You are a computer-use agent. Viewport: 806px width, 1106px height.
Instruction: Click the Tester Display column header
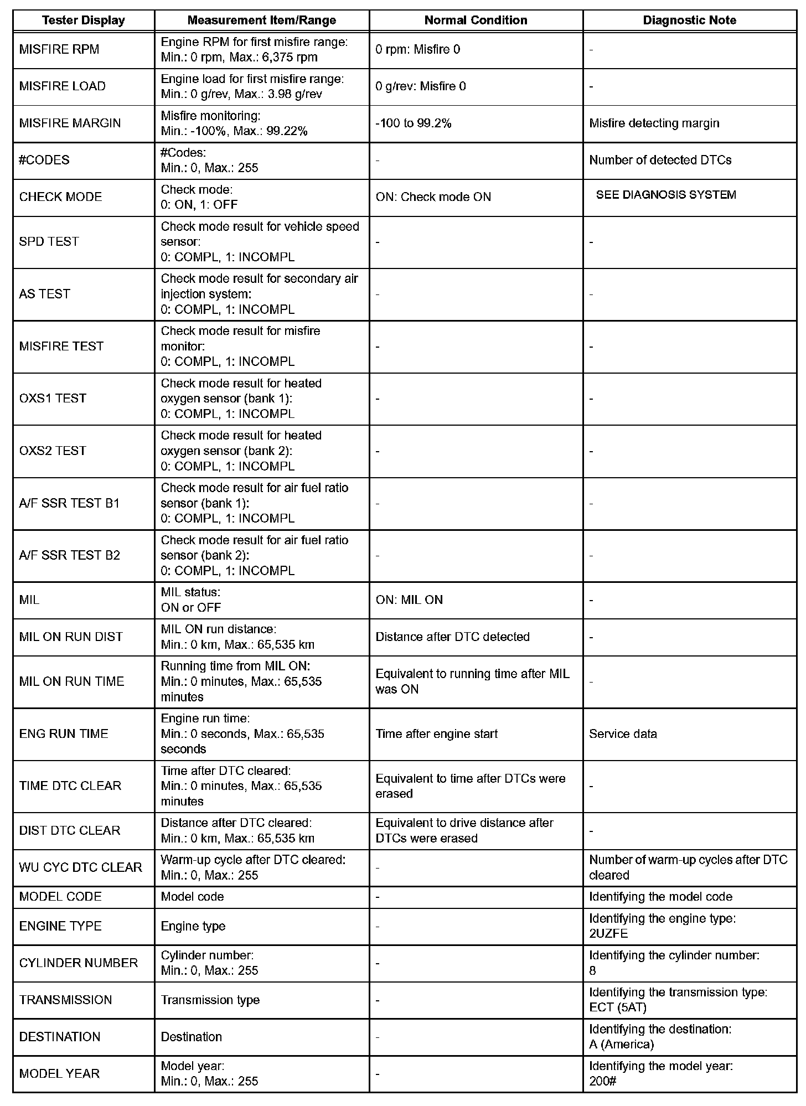pyautogui.click(x=84, y=20)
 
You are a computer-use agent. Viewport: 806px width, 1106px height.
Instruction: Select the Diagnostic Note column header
pyautogui.click(x=689, y=20)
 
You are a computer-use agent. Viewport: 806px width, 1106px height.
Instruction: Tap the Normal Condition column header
pyautogui.click(x=476, y=20)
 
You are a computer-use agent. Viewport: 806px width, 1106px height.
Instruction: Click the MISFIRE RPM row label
pyautogui.click(x=59, y=50)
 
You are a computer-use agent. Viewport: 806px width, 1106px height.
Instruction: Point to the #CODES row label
pyautogui.click(x=44, y=161)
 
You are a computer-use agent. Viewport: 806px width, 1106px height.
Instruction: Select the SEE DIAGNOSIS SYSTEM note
pyautogui.click(x=666, y=195)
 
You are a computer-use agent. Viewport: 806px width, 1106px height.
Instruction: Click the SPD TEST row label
pyautogui.click(x=49, y=242)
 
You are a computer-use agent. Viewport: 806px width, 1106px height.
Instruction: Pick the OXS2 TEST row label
pyautogui.click(x=53, y=451)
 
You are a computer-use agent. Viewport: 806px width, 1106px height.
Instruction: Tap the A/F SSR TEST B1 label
pyautogui.click(x=69, y=504)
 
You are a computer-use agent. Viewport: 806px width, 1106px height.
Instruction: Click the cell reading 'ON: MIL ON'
pyautogui.click(x=409, y=600)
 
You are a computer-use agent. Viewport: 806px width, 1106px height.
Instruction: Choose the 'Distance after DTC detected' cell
pyautogui.click(x=452, y=637)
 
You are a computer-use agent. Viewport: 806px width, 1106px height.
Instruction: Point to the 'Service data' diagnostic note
pyautogui.click(x=623, y=734)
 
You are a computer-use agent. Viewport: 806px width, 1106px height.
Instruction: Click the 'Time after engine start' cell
pyautogui.click(x=436, y=734)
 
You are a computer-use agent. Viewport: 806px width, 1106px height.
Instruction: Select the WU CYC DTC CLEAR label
pyautogui.click(x=80, y=867)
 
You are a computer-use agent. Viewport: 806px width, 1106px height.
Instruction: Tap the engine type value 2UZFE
pyautogui.click(x=608, y=934)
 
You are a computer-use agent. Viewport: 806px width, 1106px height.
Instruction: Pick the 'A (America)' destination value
pyautogui.click(x=621, y=1045)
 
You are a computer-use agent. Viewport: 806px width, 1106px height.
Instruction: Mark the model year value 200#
pyautogui.click(x=602, y=1081)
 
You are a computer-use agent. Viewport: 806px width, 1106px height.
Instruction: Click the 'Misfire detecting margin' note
pyautogui.click(x=654, y=123)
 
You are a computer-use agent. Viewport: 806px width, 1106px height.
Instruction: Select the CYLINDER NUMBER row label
pyautogui.click(x=78, y=963)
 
